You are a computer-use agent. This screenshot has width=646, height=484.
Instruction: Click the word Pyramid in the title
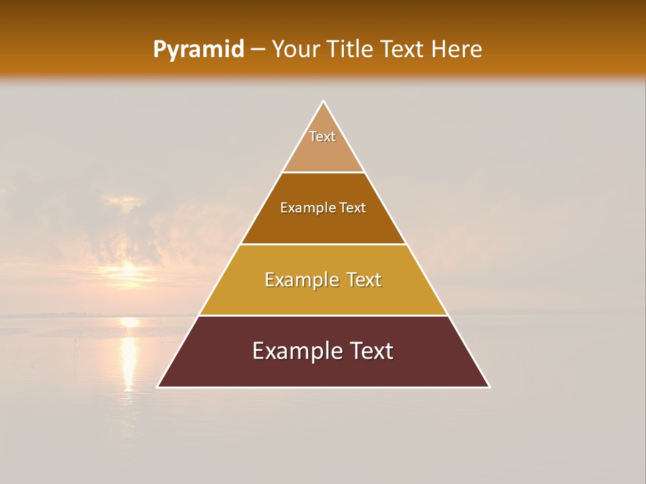(198, 50)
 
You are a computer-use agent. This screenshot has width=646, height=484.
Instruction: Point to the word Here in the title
(456, 49)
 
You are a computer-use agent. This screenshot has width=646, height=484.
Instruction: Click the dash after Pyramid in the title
(257, 50)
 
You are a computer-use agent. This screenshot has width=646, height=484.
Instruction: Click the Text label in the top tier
(322, 136)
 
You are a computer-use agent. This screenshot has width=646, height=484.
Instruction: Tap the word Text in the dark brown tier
(353, 208)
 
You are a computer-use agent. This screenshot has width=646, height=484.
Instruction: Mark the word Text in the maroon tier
(369, 351)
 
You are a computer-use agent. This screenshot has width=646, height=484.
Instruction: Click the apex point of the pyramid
(323, 102)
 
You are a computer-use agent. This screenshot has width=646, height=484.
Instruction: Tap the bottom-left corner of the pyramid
(158, 387)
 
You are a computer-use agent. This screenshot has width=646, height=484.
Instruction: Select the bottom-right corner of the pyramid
(489, 387)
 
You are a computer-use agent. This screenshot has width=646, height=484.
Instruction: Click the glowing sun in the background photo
(129, 272)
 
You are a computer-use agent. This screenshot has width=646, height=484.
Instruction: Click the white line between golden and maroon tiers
(323, 315)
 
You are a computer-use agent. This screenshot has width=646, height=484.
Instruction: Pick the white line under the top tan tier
(323, 172)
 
